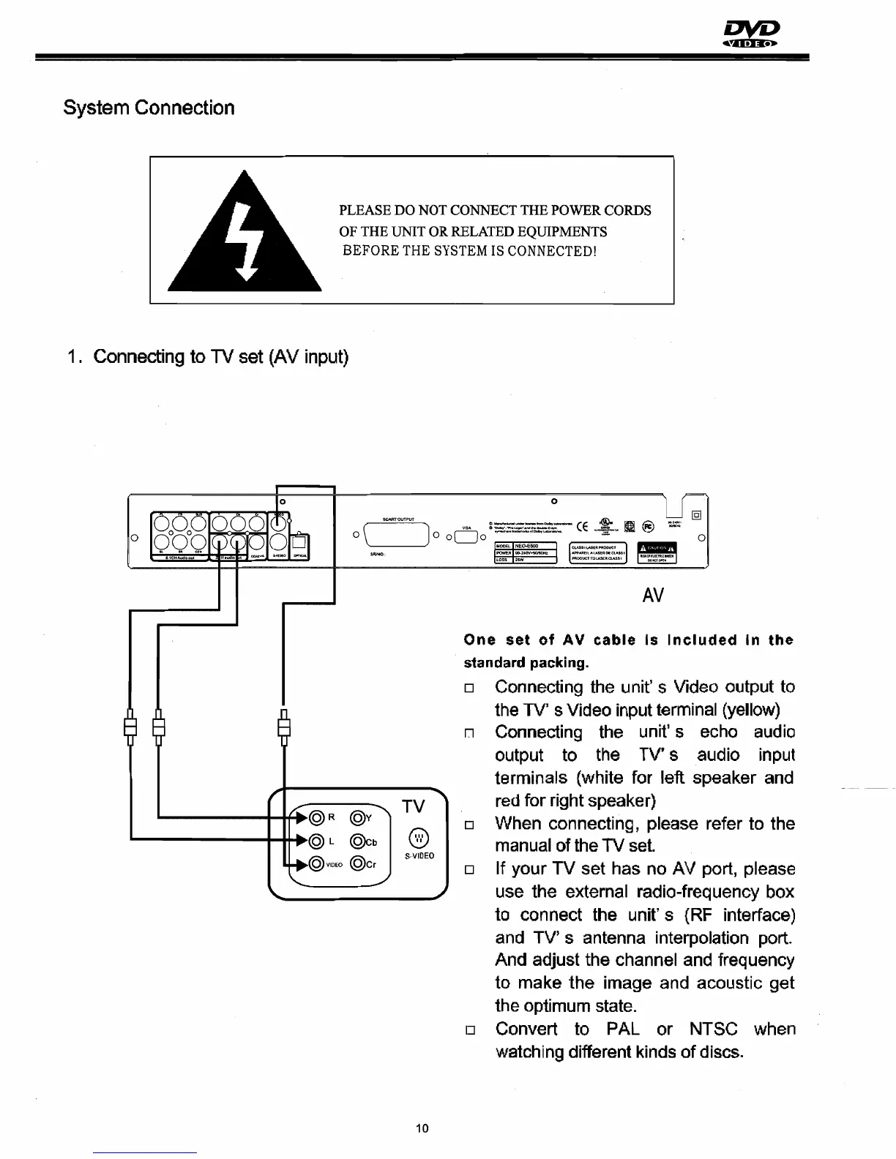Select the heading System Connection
tap(149, 108)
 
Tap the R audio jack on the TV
tap(317, 817)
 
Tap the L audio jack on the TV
tap(317, 841)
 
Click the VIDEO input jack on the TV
tap(317, 864)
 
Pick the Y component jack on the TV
tap(358, 817)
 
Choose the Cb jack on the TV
tap(358, 841)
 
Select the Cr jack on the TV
tap(358, 864)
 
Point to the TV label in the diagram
tap(414, 806)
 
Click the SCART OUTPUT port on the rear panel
tap(398, 539)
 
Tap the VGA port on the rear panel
tap(466, 538)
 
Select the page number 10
tap(422, 1128)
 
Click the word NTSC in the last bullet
tap(714, 1029)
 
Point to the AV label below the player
tap(652, 596)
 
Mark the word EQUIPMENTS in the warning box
tap(562, 232)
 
